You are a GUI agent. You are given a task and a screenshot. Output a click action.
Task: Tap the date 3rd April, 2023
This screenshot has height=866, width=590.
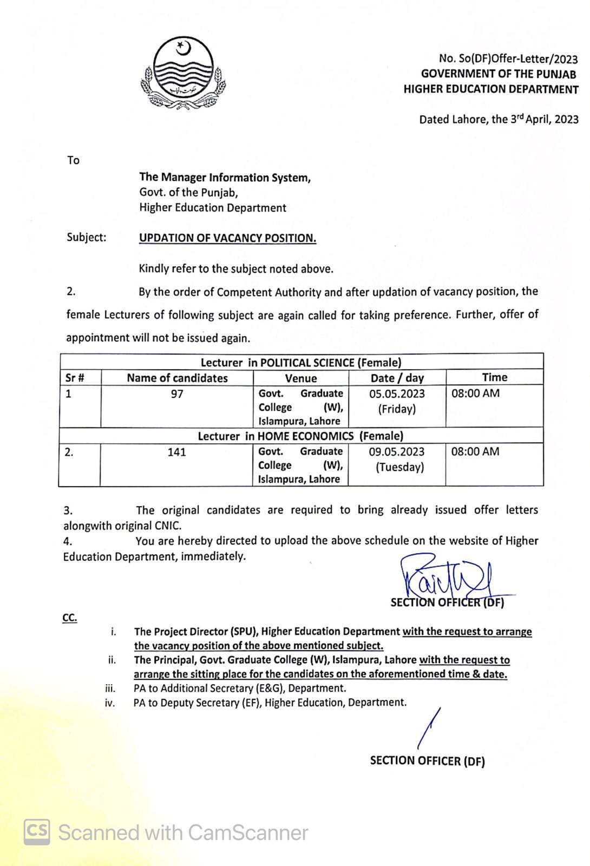(544, 119)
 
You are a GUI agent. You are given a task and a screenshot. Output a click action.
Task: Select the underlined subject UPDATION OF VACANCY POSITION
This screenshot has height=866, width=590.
(227, 238)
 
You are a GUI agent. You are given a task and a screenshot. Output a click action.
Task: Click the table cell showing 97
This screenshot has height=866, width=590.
(177, 394)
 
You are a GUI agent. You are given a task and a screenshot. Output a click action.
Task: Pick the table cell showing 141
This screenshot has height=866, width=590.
(176, 452)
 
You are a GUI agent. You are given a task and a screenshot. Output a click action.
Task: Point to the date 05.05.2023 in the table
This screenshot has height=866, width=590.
(397, 394)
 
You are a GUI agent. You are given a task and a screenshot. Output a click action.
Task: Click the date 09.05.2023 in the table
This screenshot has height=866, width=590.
(397, 452)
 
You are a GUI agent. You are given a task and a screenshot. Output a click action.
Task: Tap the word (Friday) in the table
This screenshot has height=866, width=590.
(397, 409)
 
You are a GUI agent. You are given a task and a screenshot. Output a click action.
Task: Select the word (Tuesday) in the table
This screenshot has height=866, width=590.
(400, 467)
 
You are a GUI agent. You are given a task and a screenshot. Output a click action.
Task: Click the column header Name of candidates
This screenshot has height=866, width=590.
(177, 378)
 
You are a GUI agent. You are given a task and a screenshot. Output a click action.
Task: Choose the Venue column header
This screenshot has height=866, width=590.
(301, 378)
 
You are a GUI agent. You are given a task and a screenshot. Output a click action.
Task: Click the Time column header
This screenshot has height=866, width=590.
(495, 377)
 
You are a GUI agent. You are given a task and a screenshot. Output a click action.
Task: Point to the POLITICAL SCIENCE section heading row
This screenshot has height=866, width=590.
(301, 362)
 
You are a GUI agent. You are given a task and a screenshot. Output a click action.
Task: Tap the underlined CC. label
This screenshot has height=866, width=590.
(70, 618)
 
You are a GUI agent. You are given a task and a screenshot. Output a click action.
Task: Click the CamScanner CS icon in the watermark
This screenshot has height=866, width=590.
(37, 832)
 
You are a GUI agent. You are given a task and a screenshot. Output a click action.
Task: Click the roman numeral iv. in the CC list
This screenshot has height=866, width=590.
(110, 703)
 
